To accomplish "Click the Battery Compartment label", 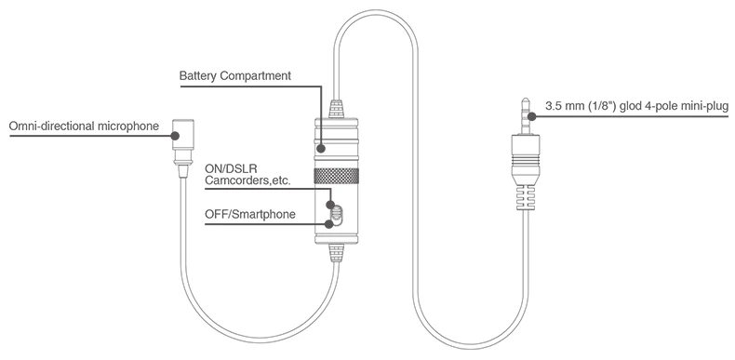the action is pos(234,75).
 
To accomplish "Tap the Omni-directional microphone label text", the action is pos(84,126).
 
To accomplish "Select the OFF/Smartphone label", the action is pos(250,214).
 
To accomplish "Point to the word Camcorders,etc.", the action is pos(248,180).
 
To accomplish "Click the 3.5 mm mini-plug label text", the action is pos(636,106).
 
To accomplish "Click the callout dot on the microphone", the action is pos(175,136).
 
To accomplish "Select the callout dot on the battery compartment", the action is pos(321,149).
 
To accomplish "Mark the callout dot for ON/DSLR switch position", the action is pos(330,205).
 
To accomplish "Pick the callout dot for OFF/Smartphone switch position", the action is pos(329,223).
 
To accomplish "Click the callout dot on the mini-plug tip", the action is pos(531,115).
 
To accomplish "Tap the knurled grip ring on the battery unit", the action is pos(337,176).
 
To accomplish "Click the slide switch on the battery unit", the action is pos(337,214).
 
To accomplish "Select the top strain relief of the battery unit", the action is pos(337,108).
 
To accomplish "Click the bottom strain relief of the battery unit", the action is pos(337,253).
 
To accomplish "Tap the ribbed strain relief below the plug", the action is pos(525,197).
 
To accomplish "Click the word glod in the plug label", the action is pos(631,107).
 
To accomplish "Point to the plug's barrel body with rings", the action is pos(525,159).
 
